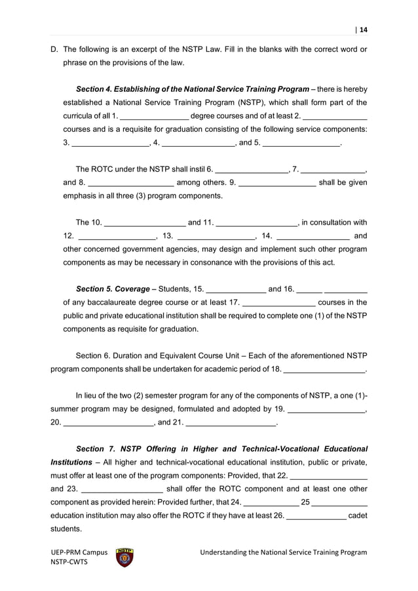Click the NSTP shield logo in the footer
coord(124,557)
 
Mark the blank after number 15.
coord(236,290)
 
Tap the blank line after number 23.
coord(123,489)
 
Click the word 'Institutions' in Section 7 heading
coord(72,463)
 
